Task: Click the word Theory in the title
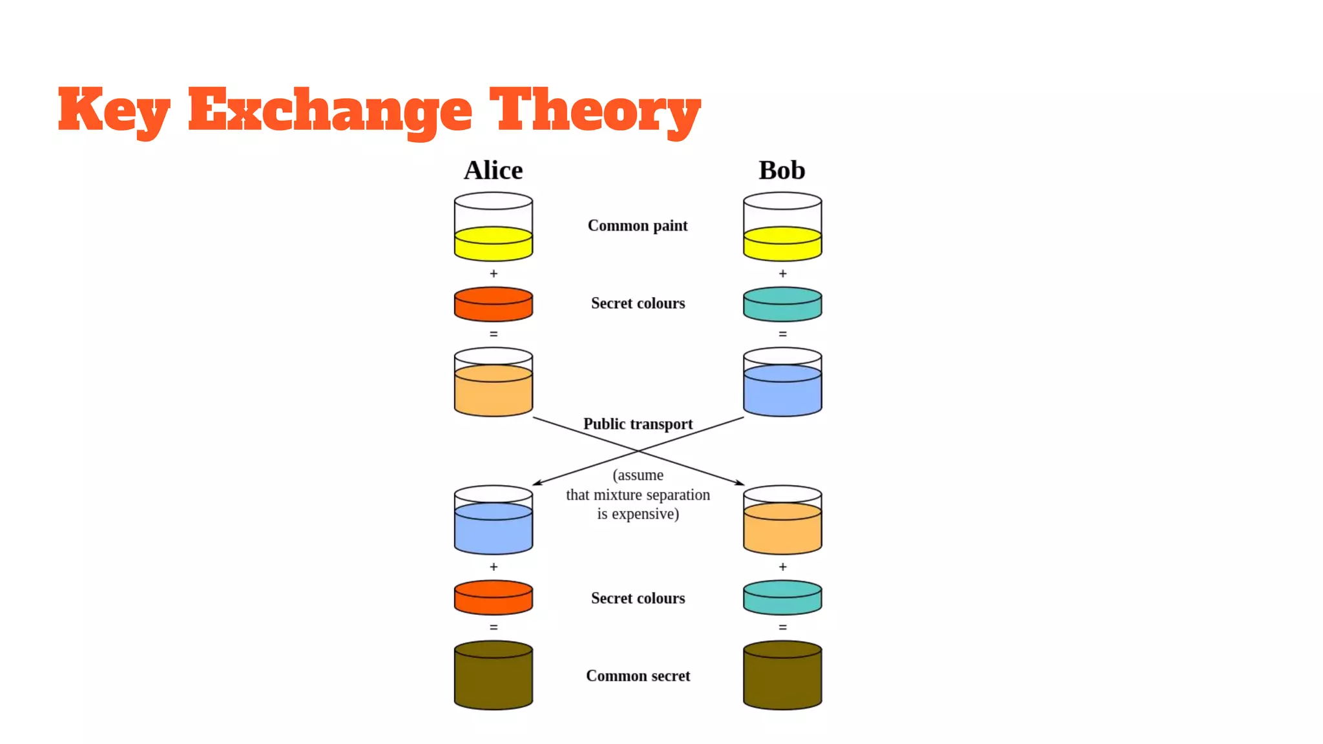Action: click(594, 110)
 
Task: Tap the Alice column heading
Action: click(493, 170)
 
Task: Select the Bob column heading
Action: click(782, 170)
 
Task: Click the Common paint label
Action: click(637, 225)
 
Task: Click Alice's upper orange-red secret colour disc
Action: click(494, 304)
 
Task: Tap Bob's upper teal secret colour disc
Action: click(782, 304)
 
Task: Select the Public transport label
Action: click(638, 424)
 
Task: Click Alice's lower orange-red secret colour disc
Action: click(494, 597)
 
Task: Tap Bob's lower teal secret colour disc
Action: click(782, 597)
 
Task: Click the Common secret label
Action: click(638, 676)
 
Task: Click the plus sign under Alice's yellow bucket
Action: click(494, 274)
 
